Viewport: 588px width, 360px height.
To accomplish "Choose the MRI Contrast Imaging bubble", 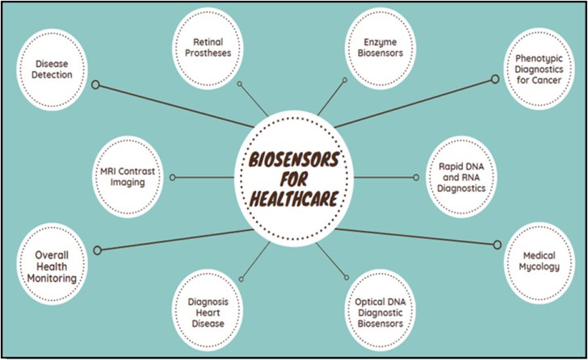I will click(132, 176).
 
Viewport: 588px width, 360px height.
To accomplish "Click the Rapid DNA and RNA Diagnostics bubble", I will click(457, 177).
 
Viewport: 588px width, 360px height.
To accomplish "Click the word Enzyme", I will click(380, 40).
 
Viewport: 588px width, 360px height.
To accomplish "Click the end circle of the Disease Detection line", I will click(96, 84).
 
